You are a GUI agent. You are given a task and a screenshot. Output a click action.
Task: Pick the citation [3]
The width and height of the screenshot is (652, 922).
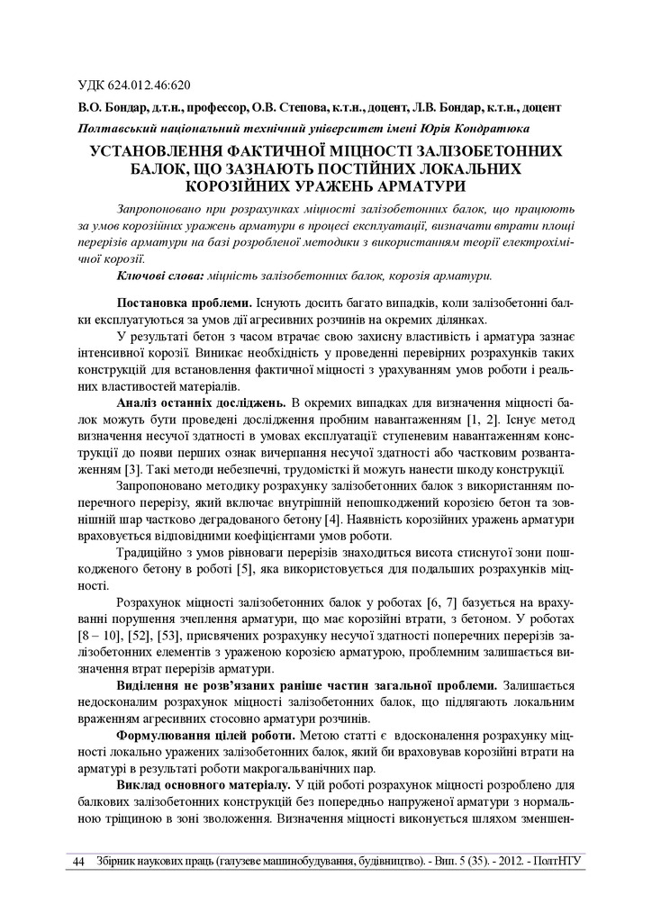pos(131,470)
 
